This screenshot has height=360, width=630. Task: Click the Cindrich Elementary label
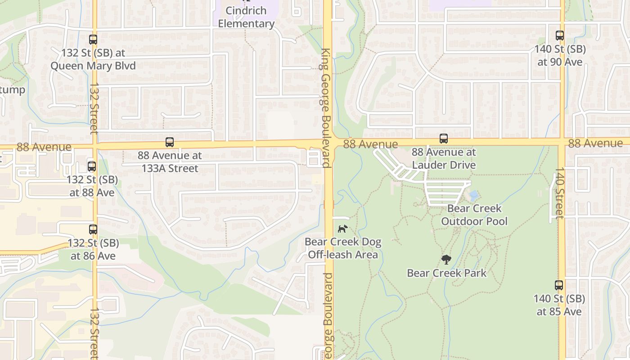coord(246,17)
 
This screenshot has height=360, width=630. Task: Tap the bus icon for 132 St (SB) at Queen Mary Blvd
coord(93,40)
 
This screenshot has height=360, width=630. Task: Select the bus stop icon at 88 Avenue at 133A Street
coord(170,142)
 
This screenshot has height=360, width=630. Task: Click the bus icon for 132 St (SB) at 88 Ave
coord(92,166)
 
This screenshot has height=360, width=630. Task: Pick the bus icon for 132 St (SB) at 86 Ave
coord(93,229)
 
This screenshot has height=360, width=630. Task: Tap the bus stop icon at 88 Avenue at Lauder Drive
coord(444,139)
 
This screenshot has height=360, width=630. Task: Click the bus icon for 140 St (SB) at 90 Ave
coord(560,36)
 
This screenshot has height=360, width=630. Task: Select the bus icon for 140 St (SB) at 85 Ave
coord(559,285)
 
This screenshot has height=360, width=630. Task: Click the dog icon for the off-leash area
coord(342,229)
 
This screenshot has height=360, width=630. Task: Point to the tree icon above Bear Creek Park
coord(446,260)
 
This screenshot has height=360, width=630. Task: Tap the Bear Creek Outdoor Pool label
coord(474,215)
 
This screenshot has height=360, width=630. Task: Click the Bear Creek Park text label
coord(447,273)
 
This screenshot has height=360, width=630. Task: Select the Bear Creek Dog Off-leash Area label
coord(343,248)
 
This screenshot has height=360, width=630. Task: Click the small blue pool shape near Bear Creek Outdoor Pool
coord(473,196)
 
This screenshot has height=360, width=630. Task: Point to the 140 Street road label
coord(559,193)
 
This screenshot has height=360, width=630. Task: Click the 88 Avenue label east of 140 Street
coord(595,143)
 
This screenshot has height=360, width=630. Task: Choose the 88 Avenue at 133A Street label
coord(170,162)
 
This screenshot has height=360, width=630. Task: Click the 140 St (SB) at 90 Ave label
coord(560,55)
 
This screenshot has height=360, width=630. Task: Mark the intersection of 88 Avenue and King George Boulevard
coord(328,143)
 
